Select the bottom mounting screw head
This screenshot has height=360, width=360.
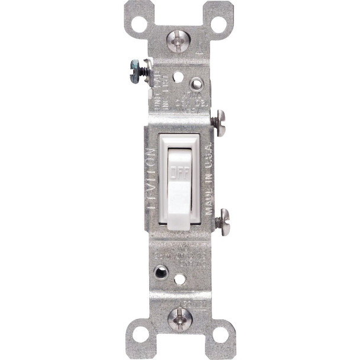[179, 319]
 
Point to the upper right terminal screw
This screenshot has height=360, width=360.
[220, 123]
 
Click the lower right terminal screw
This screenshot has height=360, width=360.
[223, 221]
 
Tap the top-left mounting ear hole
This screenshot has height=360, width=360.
[139, 24]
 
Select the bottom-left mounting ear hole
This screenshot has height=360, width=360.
[140, 335]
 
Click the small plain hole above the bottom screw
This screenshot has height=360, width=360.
[180, 278]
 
